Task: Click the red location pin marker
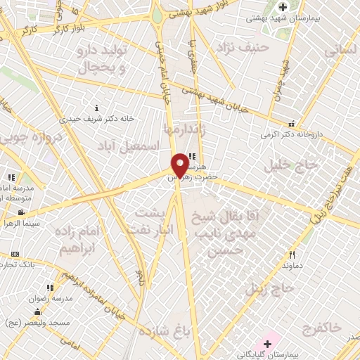point(180,165)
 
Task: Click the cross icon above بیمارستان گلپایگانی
point(266,344)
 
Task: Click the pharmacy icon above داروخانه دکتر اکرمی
point(291,124)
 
